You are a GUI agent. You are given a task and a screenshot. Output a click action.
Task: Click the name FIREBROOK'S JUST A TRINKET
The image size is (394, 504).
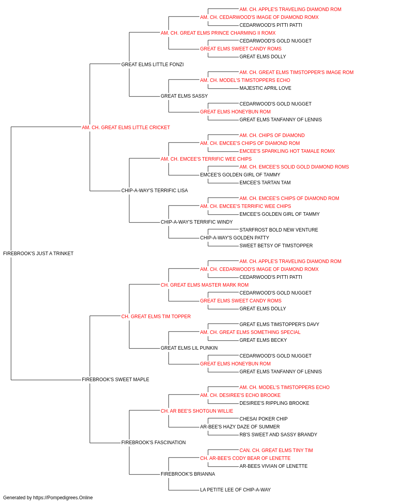pyautogui.click(x=38, y=254)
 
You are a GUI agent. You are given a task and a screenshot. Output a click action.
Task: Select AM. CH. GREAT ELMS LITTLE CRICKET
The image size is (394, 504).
pyautogui.click(x=126, y=128)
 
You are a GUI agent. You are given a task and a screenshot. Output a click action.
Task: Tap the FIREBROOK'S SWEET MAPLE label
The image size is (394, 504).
pyautogui.click(x=115, y=380)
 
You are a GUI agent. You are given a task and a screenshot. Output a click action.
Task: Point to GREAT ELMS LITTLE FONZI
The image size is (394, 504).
pyautogui.click(x=152, y=65)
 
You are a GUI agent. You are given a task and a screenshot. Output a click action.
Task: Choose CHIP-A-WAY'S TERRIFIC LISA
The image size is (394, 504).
pyautogui.click(x=154, y=191)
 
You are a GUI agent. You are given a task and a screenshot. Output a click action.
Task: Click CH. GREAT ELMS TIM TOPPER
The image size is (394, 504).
pyautogui.click(x=156, y=316)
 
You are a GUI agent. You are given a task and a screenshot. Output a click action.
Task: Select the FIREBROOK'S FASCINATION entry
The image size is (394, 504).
pyautogui.click(x=154, y=442)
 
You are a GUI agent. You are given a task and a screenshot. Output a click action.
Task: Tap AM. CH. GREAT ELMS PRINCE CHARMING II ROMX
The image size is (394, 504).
pyautogui.click(x=218, y=33)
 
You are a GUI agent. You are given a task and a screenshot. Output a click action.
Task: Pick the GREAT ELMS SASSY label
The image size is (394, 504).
pyautogui.click(x=184, y=96)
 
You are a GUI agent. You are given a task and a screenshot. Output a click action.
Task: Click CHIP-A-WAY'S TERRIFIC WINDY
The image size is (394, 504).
pyautogui.click(x=197, y=222)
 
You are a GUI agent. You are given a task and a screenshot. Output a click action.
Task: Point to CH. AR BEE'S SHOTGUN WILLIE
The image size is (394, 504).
pyautogui.click(x=197, y=411)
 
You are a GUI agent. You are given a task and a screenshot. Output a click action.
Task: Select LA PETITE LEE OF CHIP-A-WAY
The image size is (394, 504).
pyautogui.click(x=236, y=489)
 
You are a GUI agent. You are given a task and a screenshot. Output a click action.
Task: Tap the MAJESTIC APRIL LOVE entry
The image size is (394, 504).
pyautogui.click(x=266, y=88)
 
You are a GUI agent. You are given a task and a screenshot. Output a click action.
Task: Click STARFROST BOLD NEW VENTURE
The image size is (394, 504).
pyautogui.click(x=279, y=230)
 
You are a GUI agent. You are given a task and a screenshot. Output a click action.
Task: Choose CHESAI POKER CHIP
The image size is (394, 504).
pyautogui.click(x=264, y=419)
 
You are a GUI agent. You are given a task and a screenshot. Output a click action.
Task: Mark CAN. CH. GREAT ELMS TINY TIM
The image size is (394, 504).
pyautogui.click(x=276, y=450)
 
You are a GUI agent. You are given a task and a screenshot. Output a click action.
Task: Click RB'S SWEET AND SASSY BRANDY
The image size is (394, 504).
pyautogui.click(x=279, y=434)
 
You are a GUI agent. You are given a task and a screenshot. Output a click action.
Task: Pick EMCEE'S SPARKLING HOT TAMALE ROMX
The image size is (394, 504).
pyautogui.click(x=287, y=151)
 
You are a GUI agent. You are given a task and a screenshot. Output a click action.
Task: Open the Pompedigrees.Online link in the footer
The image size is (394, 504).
pyautogui.click(x=63, y=498)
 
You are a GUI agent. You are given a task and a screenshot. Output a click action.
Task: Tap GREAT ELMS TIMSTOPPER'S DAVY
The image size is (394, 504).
pyautogui.click(x=279, y=324)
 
